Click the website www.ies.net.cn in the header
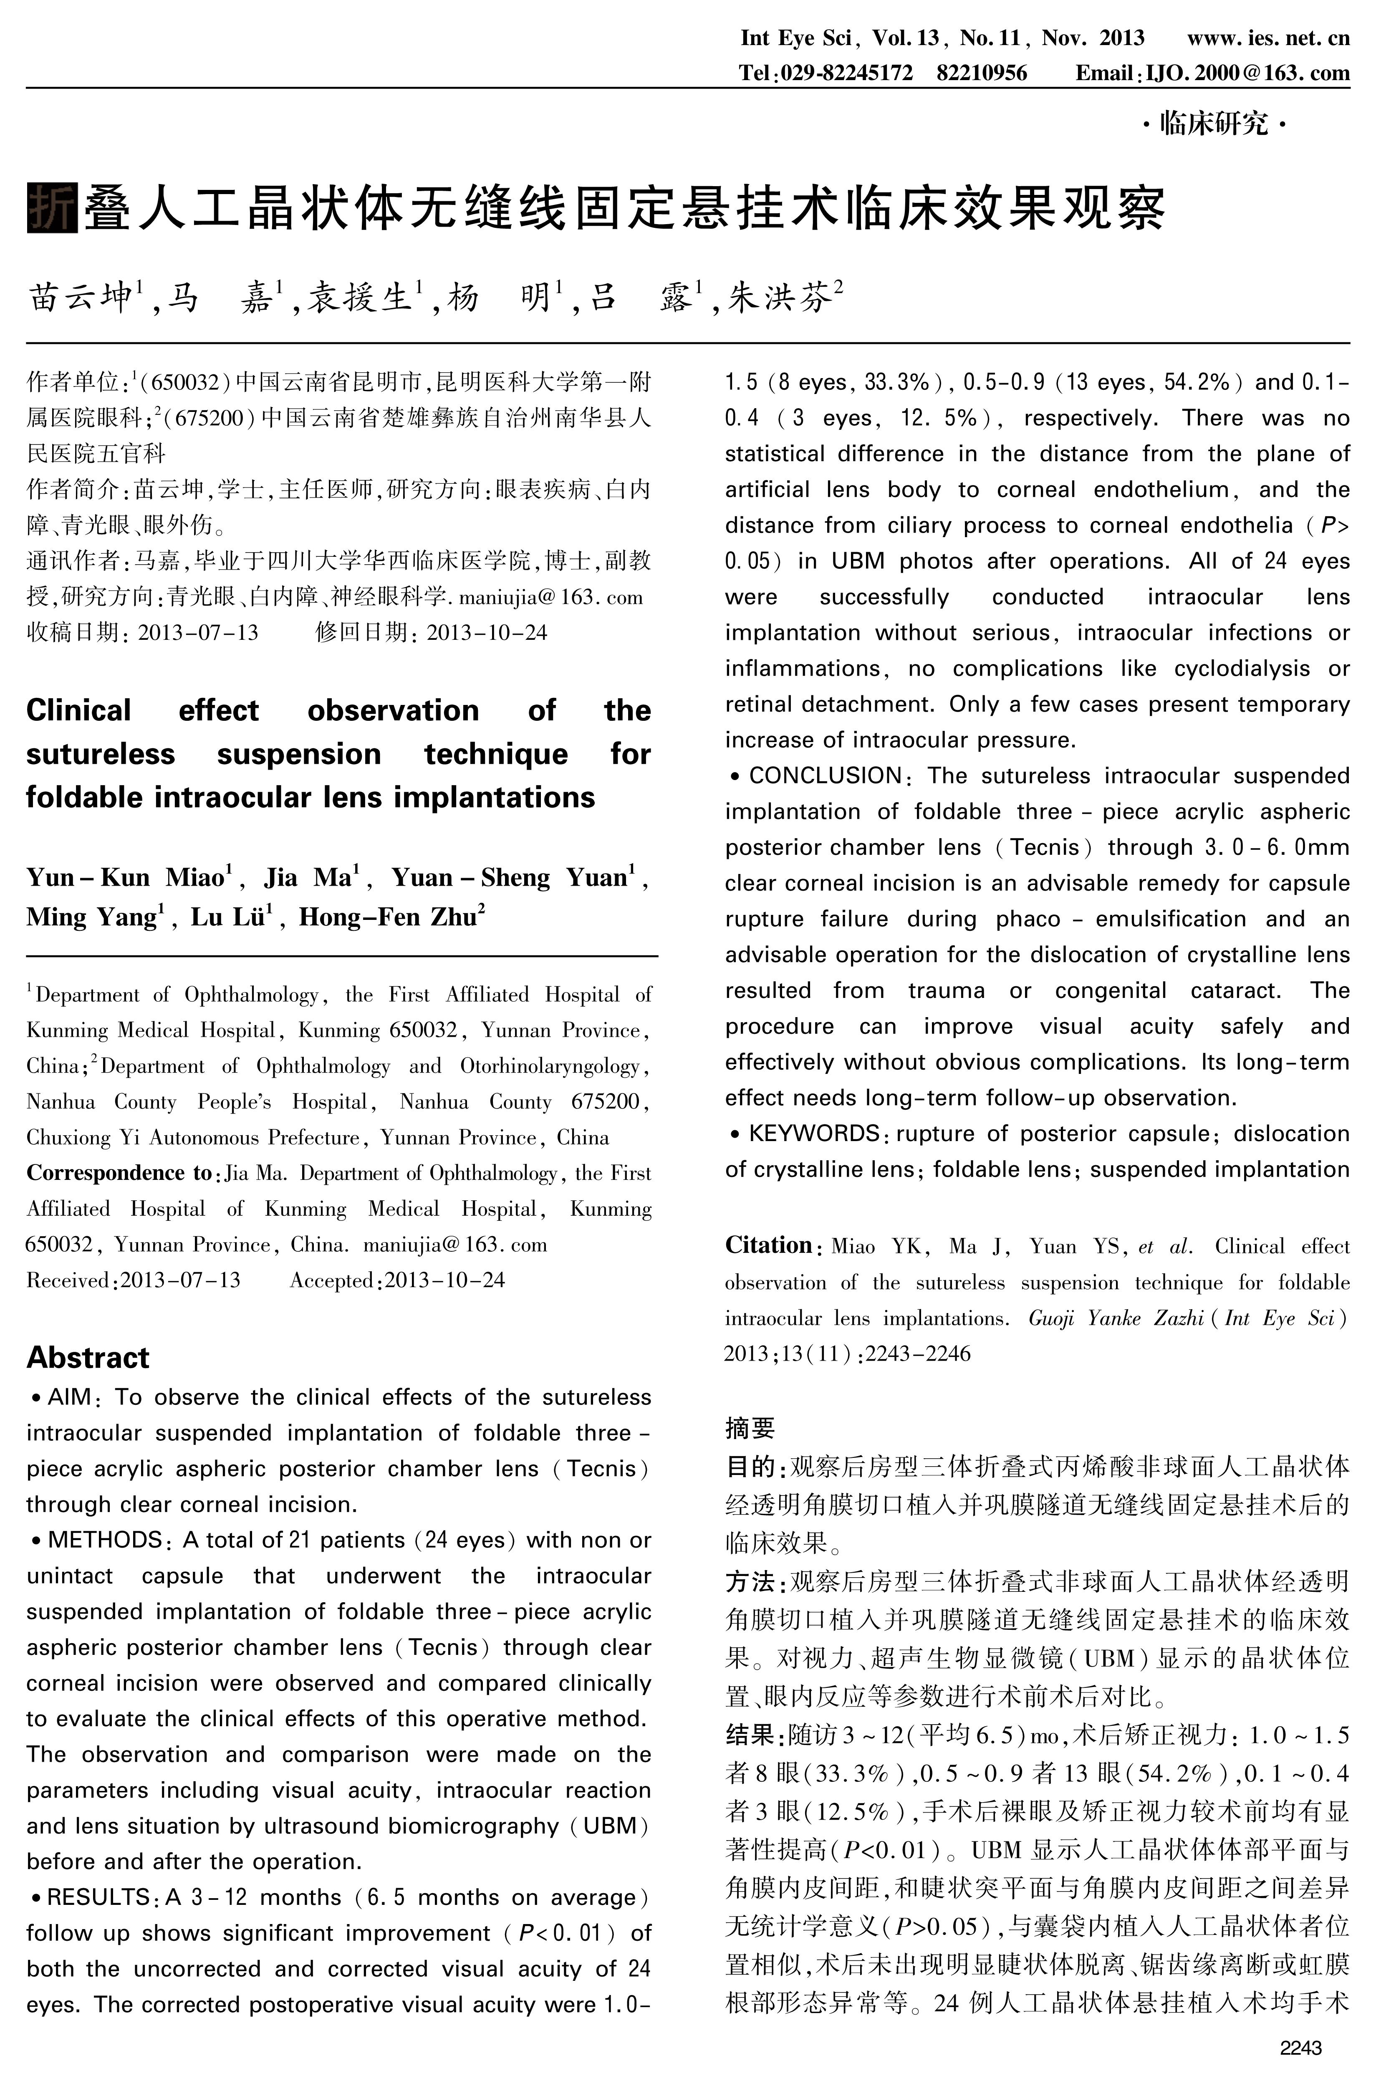pyautogui.click(x=1268, y=38)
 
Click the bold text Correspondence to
pyautogui.click(x=119, y=1173)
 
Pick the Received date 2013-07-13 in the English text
pyautogui.click(x=180, y=1280)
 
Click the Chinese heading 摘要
pyautogui.click(x=750, y=1429)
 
